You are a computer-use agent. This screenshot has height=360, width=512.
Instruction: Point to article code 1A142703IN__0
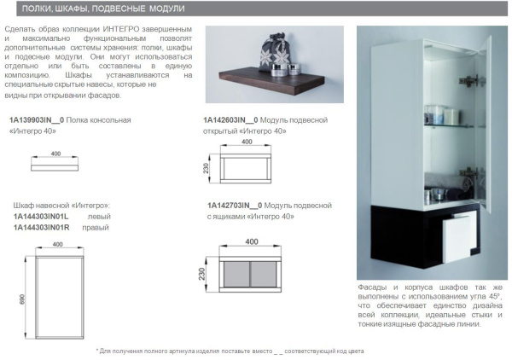(x=236, y=206)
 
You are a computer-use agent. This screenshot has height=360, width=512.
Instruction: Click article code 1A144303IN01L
(x=43, y=217)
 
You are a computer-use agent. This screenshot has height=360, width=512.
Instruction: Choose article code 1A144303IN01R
(x=43, y=228)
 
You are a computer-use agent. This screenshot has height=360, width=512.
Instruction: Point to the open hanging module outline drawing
(x=245, y=167)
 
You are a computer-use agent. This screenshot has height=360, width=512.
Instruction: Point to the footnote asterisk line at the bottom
(x=230, y=351)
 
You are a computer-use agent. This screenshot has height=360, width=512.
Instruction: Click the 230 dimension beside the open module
(x=204, y=167)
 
